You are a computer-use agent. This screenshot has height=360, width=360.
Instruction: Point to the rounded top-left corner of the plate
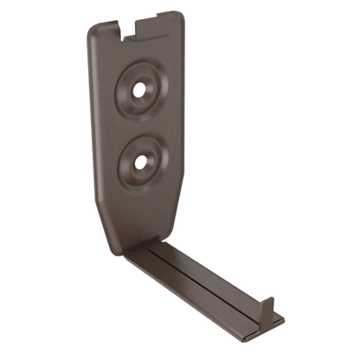click(92, 30)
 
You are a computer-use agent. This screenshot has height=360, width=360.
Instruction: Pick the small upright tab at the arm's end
click(267, 309)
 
